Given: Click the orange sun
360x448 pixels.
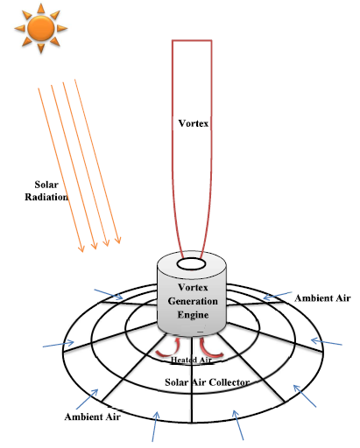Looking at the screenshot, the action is click(x=41, y=28).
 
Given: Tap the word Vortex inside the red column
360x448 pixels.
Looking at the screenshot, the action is click(x=194, y=123).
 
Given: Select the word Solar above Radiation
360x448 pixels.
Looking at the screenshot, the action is click(x=46, y=185).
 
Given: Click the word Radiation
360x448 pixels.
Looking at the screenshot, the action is click(x=46, y=197).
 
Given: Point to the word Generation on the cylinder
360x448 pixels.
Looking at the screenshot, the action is click(x=193, y=301).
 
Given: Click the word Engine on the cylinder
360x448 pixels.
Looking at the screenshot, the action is click(x=193, y=315).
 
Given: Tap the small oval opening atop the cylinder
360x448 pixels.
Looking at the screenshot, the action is click(x=191, y=264).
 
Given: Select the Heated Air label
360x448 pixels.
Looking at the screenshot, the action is click(x=191, y=360).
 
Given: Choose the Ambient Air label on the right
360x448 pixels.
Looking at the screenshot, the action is click(x=322, y=298).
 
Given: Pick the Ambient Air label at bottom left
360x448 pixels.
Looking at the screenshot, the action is click(x=93, y=416).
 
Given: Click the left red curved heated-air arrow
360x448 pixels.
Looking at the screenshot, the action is click(x=169, y=348).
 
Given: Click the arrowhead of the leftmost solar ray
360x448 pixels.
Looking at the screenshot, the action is click(x=81, y=248).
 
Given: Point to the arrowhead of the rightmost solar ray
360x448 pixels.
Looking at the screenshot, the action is click(x=117, y=240).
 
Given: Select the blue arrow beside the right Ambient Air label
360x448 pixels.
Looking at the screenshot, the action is click(x=278, y=296).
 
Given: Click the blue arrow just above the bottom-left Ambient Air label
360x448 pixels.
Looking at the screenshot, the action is click(x=87, y=399).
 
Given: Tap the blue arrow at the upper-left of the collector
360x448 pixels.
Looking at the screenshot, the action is click(x=109, y=294).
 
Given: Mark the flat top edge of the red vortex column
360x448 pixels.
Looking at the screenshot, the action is click(x=192, y=40).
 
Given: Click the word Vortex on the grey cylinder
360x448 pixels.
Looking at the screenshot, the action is click(x=193, y=288).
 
